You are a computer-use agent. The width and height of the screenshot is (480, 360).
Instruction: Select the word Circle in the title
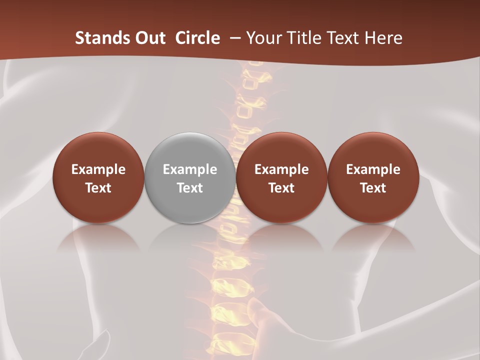[197, 38]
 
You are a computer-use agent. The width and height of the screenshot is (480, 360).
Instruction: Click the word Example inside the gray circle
[190, 169]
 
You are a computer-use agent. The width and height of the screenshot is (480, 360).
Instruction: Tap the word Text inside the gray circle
[190, 188]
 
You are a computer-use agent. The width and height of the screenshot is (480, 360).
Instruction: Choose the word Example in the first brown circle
[98, 169]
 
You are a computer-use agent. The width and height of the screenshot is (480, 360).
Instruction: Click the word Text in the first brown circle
[98, 188]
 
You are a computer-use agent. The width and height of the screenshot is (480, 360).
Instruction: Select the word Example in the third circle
[281, 169]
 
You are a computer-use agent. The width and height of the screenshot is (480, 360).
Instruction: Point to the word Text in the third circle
[281, 188]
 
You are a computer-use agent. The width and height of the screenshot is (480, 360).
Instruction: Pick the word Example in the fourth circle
[373, 169]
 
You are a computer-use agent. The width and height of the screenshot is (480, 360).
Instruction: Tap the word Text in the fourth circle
[373, 188]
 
